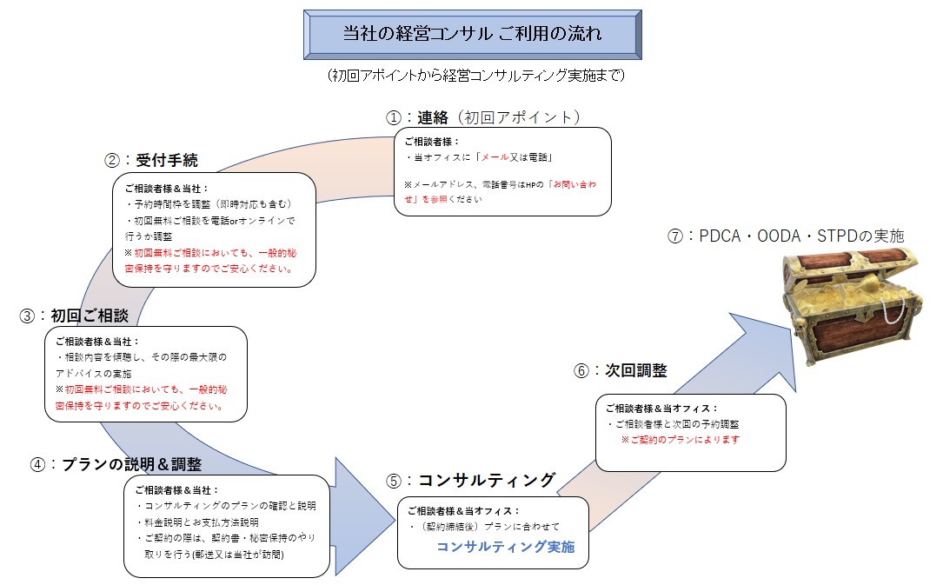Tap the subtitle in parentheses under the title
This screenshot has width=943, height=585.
tap(475, 76)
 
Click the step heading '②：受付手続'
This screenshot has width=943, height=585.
tap(151, 160)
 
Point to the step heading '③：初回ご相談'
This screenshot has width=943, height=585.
tap(74, 316)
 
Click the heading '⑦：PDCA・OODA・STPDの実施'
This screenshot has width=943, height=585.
tap(786, 236)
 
